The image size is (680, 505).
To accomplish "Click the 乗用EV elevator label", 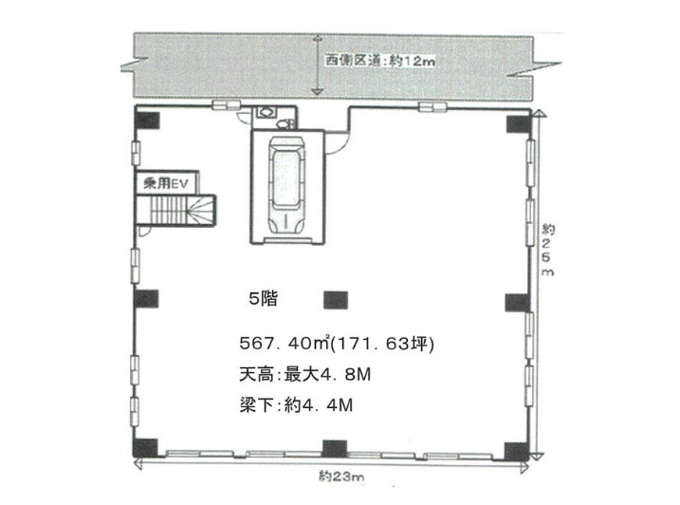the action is pyautogui.click(x=166, y=183).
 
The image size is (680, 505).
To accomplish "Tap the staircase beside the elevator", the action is pyautogui.click(x=176, y=210).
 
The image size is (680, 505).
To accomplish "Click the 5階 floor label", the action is pyautogui.click(x=263, y=299).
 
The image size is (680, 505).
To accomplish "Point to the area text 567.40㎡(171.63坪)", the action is pyautogui.click(x=337, y=344).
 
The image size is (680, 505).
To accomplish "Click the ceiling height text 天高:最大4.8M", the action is pyautogui.click(x=304, y=374).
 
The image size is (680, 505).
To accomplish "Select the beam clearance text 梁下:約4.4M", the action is pyautogui.click(x=296, y=405).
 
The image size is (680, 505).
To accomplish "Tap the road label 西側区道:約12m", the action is pyautogui.click(x=380, y=61).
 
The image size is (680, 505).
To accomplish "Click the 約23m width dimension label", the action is pyautogui.click(x=341, y=477).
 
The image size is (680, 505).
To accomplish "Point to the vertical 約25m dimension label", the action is pyautogui.click(x=547, y=250).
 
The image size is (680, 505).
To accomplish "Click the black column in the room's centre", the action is pyautogui.click(x=336, y=300).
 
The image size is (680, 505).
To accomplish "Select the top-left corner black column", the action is pyautogui.click(x=147, y=121).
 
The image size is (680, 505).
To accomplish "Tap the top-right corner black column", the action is pyautogui.click(x=518, y=123).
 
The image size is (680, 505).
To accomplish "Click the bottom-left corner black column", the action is pyautogui.click(x=145, y=448).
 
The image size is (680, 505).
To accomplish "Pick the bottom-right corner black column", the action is pyautogui.click(x=517, y=452).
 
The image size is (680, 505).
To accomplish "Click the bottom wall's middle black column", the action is pyautogui.click(x=335, y=449).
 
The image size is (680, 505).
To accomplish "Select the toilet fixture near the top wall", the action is pyautogui.click(x=285, y=124).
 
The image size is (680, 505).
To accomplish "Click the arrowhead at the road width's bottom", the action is pyautogui.click(x=319, y=92).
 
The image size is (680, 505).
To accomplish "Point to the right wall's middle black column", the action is pyautogui.click(x=517, y=303).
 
